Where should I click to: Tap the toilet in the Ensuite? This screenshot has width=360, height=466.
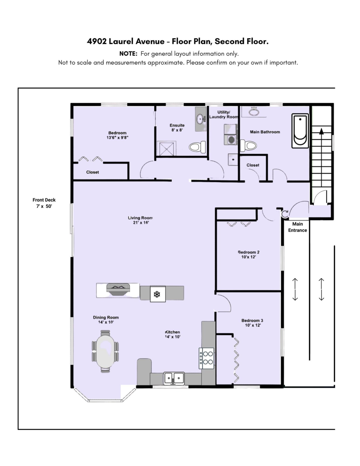pos(197,147)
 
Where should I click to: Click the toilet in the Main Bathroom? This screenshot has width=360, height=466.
pos(249,145)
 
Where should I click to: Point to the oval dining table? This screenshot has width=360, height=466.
pos(105,351)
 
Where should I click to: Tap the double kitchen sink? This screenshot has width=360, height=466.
pos(174,377)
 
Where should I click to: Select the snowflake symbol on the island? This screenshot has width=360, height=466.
pos(157,294)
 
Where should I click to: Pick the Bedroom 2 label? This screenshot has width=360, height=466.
pos(248,254)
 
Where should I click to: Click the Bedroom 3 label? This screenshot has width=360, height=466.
pos(252,323)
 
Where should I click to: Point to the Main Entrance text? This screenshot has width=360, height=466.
pos(297,227)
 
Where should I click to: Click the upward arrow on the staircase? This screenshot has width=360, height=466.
pos(321,132)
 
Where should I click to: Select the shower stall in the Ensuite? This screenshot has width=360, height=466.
pos(166,148)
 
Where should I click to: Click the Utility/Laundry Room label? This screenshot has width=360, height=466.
pos(223,114)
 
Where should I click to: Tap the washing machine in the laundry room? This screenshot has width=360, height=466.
pos(231,139)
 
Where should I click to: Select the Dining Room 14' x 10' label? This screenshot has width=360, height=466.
pos(106,320)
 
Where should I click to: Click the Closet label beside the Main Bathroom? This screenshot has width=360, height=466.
pos(253,165)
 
